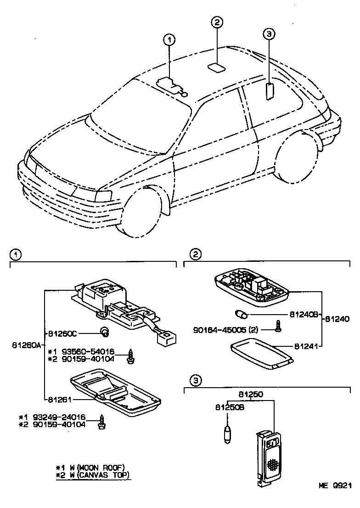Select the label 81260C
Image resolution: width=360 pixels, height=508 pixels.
point(62,332)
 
